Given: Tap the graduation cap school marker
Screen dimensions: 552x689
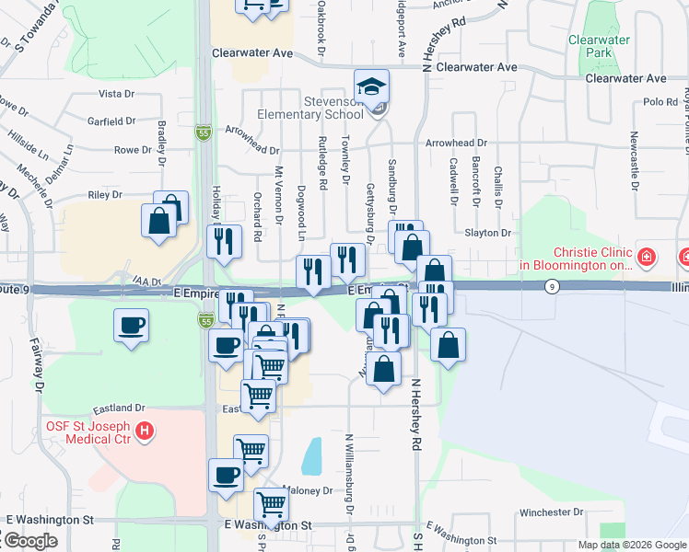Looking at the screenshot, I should click(372, 87).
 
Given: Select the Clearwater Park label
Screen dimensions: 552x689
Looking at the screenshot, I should click(600, 46).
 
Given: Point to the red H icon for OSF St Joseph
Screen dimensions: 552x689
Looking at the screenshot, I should click(144, 430).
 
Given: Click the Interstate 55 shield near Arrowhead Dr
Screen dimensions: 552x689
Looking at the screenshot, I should click(203, 133).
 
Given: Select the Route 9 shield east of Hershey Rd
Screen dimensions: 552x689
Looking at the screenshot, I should click(551, 287).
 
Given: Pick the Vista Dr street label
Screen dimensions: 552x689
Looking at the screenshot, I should click(116, 94).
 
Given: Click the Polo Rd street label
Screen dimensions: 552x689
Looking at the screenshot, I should click(660, 102).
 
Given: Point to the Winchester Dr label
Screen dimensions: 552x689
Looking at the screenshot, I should click(546, 512).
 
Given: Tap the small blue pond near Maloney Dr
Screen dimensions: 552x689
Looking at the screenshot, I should click(312, 455).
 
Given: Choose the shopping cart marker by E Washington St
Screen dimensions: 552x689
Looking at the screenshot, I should click(271, 504).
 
